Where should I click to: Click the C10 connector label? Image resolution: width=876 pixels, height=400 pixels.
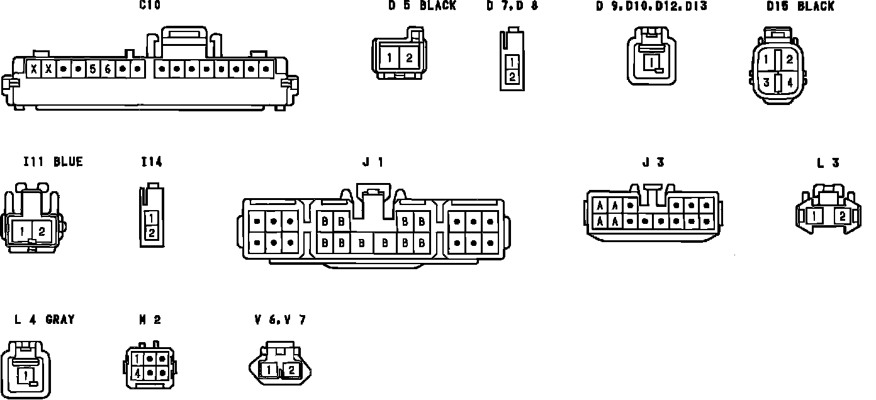point(150,6)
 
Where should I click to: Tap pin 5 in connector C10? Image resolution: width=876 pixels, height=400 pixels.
point(93,69)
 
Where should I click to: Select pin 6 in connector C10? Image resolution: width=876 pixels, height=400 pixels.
point(108,69)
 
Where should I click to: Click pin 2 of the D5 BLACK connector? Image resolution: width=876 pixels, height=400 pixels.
point(409,58)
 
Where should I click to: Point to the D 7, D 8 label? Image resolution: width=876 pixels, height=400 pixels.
point(512,6)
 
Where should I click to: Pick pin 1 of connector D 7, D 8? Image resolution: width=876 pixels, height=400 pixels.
point(513,62)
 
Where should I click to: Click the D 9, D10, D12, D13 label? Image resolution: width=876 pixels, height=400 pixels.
point(651,6)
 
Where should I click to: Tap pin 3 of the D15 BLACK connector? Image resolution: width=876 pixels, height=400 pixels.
point(766,82)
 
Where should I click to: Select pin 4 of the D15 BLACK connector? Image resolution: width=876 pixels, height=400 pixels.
point(789,82)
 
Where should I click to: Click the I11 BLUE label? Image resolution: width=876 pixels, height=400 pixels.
point(53,162)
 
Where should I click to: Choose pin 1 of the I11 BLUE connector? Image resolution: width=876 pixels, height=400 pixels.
point(22,231)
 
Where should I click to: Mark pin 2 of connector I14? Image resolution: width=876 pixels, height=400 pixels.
point(151,233)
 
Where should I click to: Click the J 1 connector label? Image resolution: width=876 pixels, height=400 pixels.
point(373,162)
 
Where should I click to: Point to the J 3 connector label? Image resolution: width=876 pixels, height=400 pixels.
point(653,162)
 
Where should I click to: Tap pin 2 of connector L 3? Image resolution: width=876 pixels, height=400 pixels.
point(842,216)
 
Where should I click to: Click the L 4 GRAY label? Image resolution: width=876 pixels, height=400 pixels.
point(45,319)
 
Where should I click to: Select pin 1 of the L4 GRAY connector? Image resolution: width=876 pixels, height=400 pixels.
point(25,375)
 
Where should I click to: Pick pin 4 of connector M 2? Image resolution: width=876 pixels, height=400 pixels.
point(137,372)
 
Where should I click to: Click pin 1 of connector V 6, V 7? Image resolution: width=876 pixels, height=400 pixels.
point(269,370)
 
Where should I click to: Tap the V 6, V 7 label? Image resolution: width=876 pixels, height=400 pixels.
point(279,319)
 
